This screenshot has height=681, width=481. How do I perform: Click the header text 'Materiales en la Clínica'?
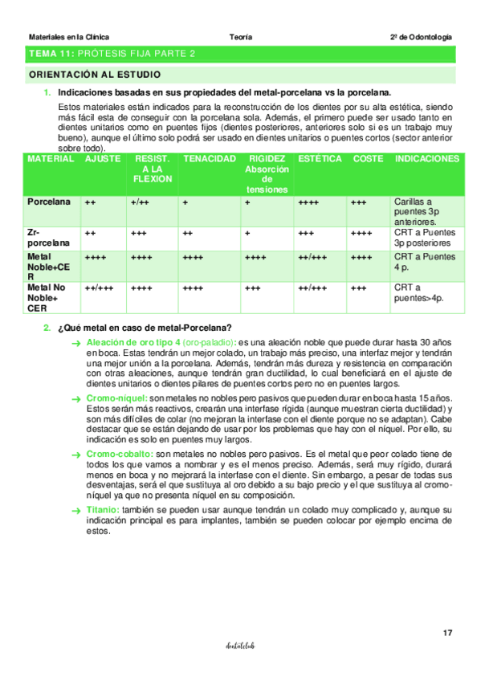69,37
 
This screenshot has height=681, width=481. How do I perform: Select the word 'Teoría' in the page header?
240,37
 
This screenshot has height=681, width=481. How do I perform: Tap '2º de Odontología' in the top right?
421,37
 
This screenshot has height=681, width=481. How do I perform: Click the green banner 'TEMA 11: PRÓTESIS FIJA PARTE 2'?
112,54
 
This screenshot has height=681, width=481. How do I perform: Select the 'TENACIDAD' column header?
210,160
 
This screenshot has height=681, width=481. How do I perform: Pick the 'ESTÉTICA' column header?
320,160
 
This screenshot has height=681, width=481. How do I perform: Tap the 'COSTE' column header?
368,160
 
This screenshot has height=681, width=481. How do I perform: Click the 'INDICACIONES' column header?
426,160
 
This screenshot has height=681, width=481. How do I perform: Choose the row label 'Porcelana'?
48,202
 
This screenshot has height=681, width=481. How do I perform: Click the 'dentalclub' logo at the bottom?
240,645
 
